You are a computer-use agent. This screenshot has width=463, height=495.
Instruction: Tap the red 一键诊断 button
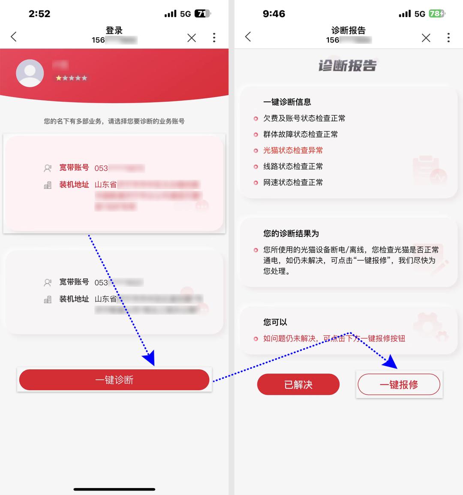coord(114,380)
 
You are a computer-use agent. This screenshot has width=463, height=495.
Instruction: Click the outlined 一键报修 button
coord(399,384)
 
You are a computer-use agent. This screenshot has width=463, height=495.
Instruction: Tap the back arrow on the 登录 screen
coord(14,37)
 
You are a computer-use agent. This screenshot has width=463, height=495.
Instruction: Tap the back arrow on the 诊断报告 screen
coord(248,37)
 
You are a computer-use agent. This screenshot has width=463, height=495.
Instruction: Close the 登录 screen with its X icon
coord(192,38)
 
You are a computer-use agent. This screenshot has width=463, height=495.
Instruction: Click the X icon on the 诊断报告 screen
coord(426,38)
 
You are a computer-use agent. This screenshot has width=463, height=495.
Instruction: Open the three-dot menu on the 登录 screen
coord(214,38)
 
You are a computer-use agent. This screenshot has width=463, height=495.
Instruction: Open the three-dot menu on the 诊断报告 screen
coord(448,38)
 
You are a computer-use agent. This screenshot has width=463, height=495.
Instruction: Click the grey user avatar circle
coord(30,73)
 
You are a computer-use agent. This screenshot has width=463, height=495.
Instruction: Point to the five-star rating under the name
coord(71,78)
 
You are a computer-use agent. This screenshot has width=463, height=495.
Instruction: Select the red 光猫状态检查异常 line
coord(293,150)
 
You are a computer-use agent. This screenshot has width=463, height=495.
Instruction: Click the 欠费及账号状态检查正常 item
coord(304,118)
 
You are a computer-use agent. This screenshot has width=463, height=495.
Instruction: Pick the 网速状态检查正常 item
coord(293,182)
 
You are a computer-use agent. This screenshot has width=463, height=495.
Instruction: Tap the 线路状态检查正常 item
coord(293,166)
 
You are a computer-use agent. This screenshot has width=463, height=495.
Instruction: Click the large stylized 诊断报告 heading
coord(347,66)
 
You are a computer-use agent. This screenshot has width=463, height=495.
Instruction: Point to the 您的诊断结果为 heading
coord(291,233)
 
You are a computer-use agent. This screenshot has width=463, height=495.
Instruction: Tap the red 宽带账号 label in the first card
coord(74,168)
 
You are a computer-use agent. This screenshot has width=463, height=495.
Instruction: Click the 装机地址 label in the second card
coord(74,299)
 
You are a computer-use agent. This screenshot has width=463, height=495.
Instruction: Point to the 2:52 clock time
coord(39,14)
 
